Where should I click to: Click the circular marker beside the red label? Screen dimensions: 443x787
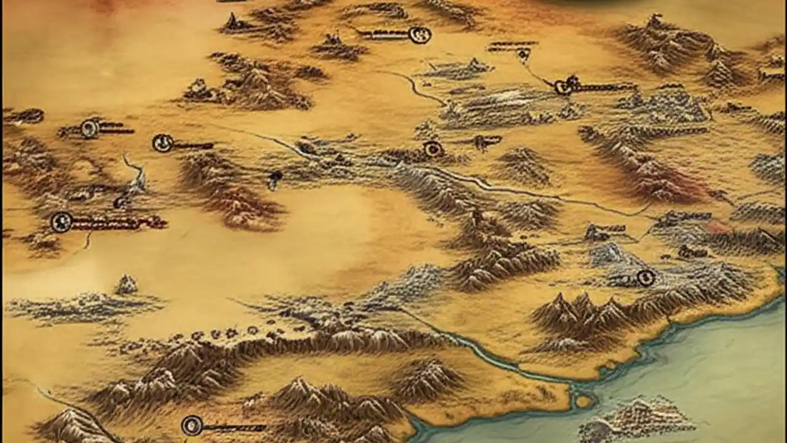click(61, 221)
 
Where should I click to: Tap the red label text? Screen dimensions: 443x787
click(117, 223)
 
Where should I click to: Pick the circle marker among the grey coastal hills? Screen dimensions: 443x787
click(645, 278)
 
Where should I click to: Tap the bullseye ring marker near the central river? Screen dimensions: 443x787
click(433, 149)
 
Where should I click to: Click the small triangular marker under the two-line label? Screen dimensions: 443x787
click(523, 55)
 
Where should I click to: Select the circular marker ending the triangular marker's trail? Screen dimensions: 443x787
click(563, 87)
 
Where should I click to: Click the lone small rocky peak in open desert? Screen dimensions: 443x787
click(126, 285)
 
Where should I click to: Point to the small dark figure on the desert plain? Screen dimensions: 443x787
click(275, 179)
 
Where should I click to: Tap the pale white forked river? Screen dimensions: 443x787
click(136, 175)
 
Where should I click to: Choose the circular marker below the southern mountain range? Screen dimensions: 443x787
click(192, 425)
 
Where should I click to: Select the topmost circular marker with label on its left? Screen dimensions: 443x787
click(420, 35)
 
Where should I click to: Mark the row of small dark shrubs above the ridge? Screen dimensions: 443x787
click(215, 335)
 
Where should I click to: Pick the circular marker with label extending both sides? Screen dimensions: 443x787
click(90, 128)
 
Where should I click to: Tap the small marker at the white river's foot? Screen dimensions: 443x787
click(120, 202)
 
